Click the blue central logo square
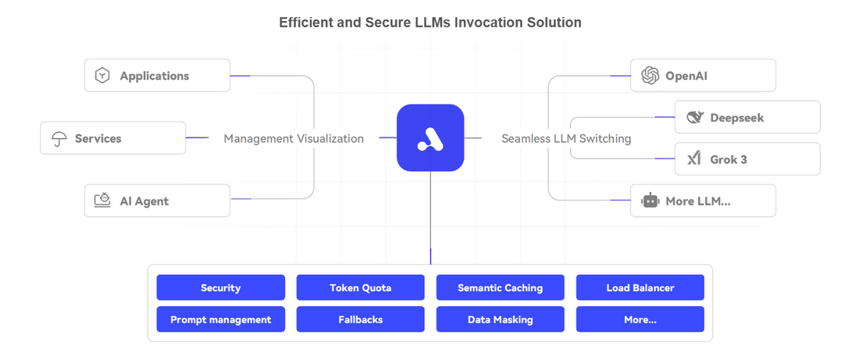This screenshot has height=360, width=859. click(x=430, y=137)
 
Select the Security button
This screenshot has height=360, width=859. click(x=220, y=287)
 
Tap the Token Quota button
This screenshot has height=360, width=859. click(x=360, y=287)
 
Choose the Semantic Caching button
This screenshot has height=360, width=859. click(x=500, y=287)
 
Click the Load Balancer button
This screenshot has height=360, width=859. click(x=640, y=287)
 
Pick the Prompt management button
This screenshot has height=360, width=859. click(x=220, y=319)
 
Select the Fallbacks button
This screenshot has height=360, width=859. click(x=360, y=319)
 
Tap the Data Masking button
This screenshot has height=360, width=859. click(x=500, y=319)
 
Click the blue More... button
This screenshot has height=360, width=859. click(x=640, y=319)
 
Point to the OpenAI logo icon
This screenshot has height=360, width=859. click(x=650, y=76)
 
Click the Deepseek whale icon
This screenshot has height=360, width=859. click(x=694, y=118)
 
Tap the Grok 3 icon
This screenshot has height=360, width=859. click(x=693, y=159)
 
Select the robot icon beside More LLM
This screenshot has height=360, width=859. click(x=650, y=201)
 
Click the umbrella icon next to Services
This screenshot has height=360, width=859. click(x=59, y=139)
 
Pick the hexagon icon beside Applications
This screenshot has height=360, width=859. click(x=102, y=76)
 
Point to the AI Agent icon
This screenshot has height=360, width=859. click(x=102, y=201)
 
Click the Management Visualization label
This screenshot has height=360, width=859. click(x=294, y=138)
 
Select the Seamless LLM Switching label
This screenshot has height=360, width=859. click(x=566, y=138)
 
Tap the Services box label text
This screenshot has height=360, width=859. click(x=98, y=138)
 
